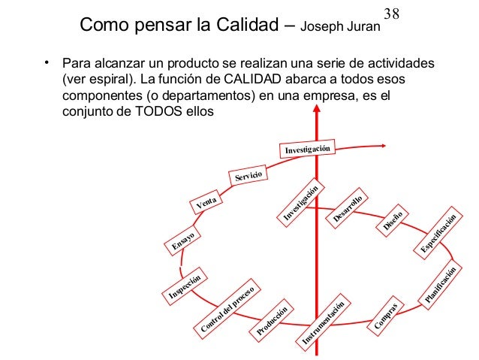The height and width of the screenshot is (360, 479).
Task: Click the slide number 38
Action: point(391,14)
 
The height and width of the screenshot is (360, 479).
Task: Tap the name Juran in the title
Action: point(363,26)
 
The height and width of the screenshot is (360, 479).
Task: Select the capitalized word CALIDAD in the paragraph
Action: point(252,79)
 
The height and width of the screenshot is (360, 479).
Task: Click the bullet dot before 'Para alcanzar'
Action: point(47,62)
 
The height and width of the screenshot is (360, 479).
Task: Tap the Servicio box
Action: point(249,176)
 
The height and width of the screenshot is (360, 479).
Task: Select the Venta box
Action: point(206,202)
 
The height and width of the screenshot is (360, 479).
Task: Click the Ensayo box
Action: point(182,241)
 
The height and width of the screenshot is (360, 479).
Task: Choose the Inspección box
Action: point(185,286)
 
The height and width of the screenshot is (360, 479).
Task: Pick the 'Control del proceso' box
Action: point(227,309)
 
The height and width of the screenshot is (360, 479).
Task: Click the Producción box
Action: point(272,321)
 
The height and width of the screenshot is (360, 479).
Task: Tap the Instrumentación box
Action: point(323,323)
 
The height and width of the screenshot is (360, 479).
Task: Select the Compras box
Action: point(385,316)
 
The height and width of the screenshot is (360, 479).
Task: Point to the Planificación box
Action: point(440,285)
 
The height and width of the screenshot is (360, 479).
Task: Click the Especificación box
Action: point(438,233)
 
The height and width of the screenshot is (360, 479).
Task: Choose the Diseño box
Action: point(393,221)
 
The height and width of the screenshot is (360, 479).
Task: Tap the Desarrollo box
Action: point(347,208)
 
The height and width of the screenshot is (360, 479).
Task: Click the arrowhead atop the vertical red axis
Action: point(317,108)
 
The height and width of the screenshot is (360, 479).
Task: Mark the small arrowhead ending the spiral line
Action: point(384,146)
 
